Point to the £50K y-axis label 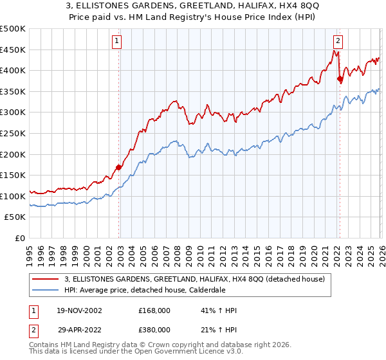15,217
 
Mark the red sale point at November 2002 119,168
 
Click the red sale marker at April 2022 340,79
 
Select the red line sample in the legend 46,279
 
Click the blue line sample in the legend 46,289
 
